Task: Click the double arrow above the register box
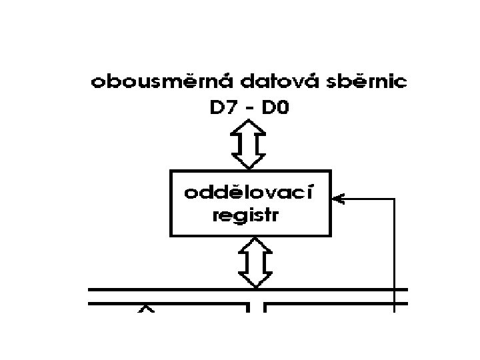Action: (248, 144)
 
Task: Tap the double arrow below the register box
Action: (255, 263)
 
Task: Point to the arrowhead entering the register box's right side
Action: (338, 198)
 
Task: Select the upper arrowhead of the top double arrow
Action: (248, 126)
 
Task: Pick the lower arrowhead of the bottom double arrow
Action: (255, 280)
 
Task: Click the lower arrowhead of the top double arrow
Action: (248, 162)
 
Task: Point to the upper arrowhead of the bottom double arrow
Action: (255, 245)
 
